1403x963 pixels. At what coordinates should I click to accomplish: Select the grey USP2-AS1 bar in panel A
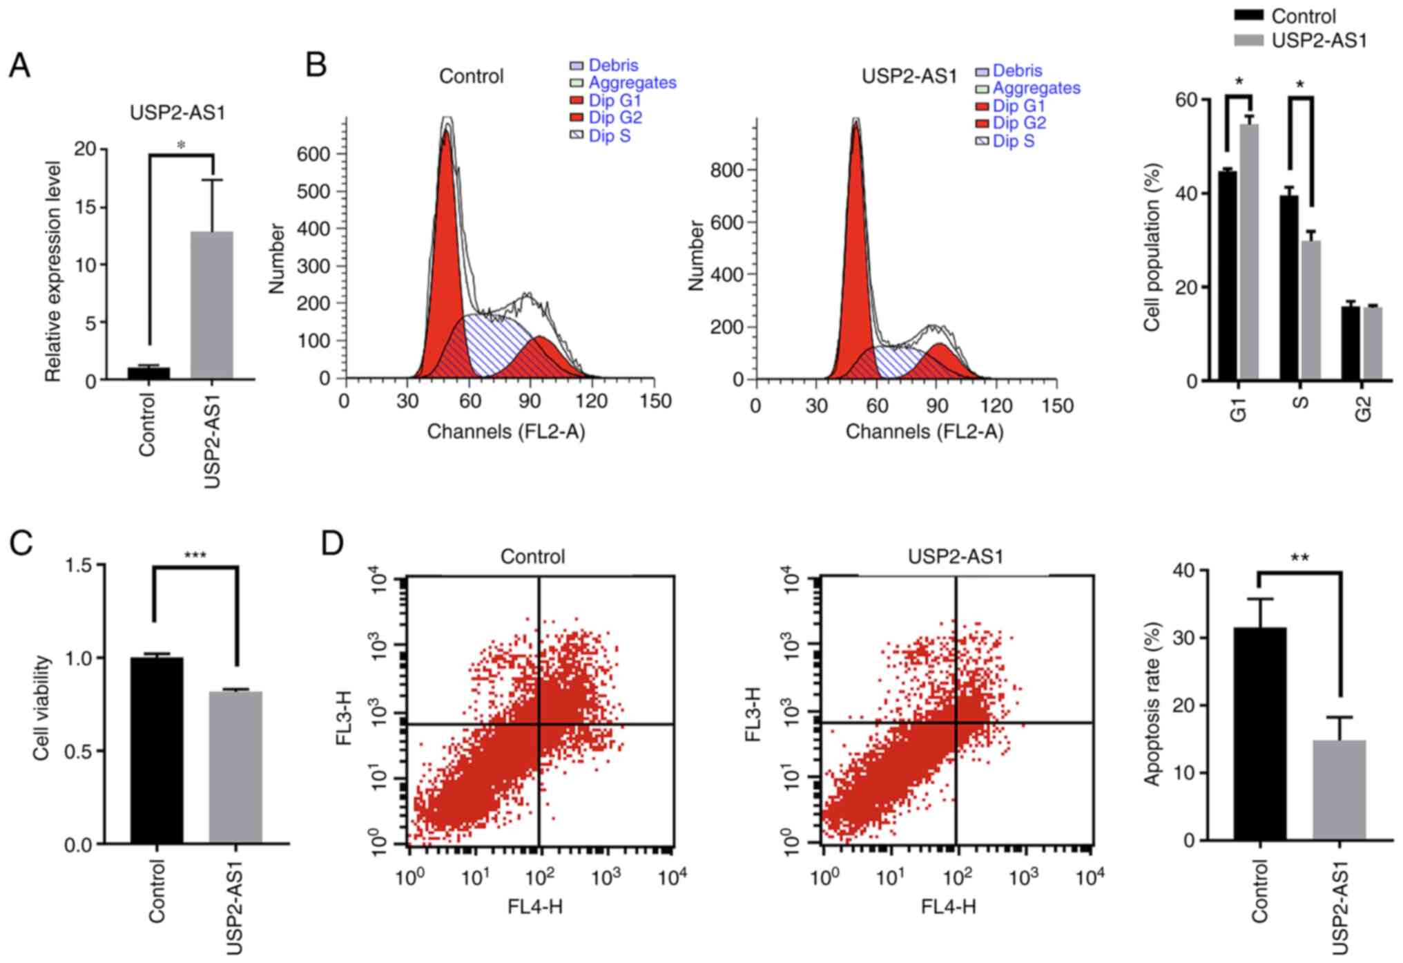tap(212, 305)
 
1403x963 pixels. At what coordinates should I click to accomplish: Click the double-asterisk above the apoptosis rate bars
tap(1299, 558)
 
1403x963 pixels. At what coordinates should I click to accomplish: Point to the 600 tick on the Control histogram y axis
tap(313, 154)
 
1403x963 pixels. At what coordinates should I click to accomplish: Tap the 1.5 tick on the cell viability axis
tap(79, 565)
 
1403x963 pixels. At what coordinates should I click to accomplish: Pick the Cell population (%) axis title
tap(1152, 247)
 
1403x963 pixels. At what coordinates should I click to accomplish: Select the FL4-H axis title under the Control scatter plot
tap(535, 906)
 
